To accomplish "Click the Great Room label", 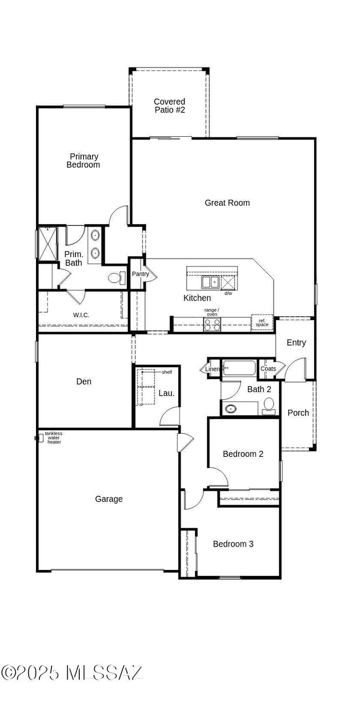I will point(227,203).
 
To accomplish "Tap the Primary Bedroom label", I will point(83,161).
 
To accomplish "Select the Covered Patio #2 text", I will point(169,106).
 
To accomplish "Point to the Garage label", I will point(109,499).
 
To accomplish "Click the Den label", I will point(84,382).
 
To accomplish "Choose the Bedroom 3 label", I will point(233,544).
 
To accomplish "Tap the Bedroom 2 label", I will point(243,454).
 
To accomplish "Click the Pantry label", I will point(140,274).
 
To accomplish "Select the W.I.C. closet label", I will point(81,315).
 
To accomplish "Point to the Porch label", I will point(298,413).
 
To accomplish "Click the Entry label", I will point(296,343).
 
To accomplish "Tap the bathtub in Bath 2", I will point(239,368).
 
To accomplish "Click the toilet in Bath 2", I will point(269,405).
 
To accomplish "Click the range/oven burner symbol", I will point(212,325).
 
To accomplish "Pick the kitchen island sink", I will point(210,282).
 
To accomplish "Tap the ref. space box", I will point(262,323).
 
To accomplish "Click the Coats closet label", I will point(268,369).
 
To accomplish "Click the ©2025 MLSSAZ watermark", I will point(72,672).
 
